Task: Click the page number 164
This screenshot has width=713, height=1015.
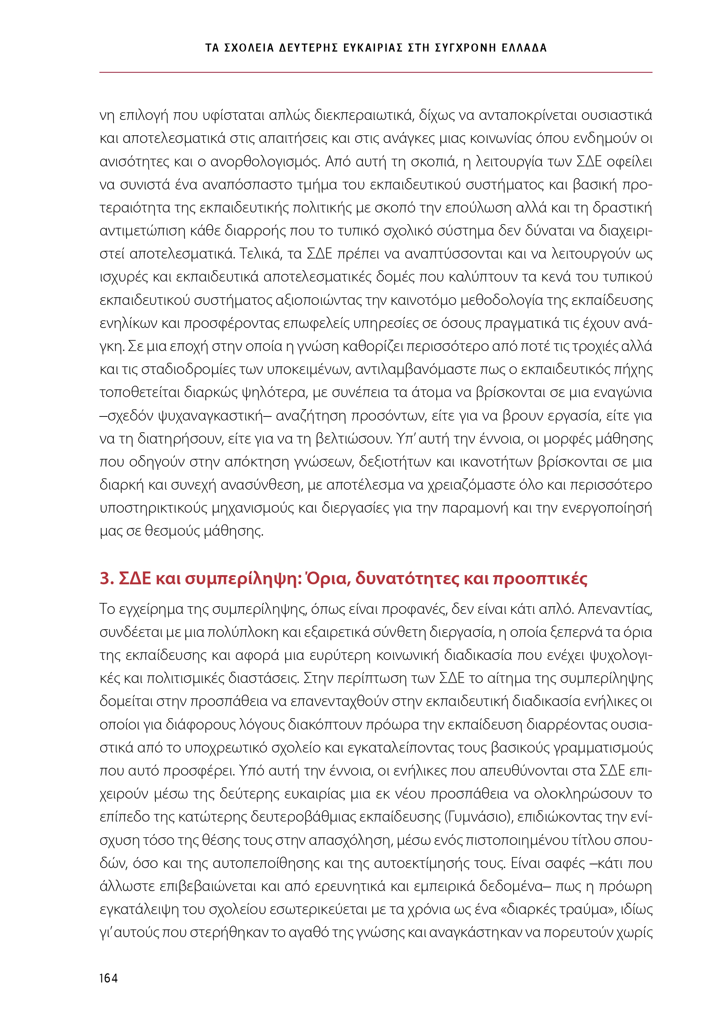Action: pyautogui.click(x=108, y=978)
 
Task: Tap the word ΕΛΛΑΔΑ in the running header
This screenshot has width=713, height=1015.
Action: pyautogui.click(x=524, y=48)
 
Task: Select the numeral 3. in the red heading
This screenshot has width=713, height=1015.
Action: pyautogui.click(x=106, y=579)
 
